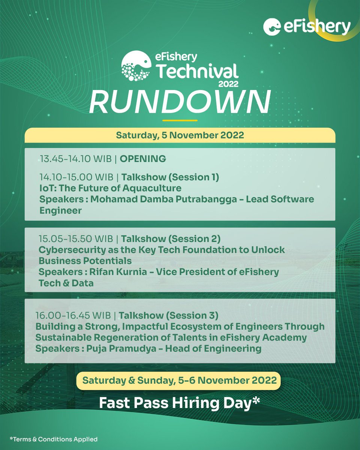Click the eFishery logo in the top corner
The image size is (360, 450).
[307, 27]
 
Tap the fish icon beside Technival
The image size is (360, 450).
[135, 66]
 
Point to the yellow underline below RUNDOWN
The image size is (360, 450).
[180, 120]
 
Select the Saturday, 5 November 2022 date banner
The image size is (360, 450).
[180, 135]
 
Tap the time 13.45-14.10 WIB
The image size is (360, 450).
[76, 159]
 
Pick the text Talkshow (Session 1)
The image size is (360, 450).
[170, 177]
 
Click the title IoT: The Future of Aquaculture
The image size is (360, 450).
[110, 188]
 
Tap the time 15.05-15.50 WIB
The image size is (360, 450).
[75, 238]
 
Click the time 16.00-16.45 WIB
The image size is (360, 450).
[73, 315]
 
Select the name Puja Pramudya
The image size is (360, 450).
[126, 348]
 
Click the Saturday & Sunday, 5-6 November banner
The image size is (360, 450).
[180, 380]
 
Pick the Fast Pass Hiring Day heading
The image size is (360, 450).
[180, 402]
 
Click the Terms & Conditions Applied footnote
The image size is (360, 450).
[54, 439]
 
